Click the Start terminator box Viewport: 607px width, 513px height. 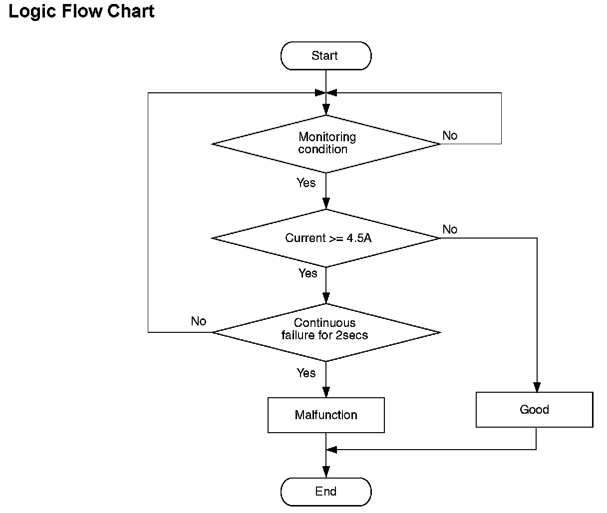click(326, 56)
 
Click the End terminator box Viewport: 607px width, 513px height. click(326, 492)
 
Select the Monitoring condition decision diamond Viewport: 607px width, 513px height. click(326, 144)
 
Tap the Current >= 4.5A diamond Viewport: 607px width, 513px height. click(326, 238)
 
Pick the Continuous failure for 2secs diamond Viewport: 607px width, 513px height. click(326, 332)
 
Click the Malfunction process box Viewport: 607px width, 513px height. click(326, 415)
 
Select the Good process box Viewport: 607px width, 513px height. click(535, 409)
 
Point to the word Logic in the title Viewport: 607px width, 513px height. click(32, 12)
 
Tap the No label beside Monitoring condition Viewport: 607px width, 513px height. click(450, 135)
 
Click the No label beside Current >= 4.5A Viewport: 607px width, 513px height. click(450, 229)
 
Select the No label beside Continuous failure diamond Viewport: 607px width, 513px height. click(199, 321)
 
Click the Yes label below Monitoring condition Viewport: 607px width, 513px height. click(306, 183)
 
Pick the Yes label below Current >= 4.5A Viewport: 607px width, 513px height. click(308, 273)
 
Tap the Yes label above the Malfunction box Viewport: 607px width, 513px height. click(306, 373)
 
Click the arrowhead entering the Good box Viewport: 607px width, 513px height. click(537, 387)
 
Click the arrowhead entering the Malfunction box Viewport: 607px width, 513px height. click(326, 392)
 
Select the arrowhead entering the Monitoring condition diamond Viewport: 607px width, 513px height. click(326, 110)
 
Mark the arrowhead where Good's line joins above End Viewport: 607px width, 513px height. click(331, 450)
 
